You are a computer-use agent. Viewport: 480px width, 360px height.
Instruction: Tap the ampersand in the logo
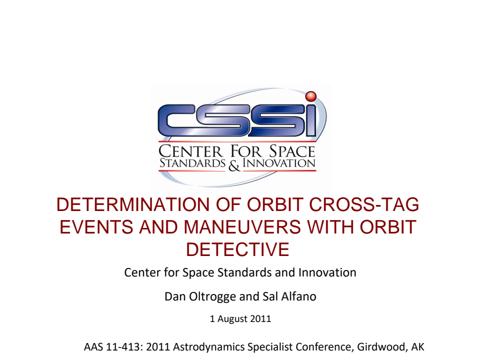234,165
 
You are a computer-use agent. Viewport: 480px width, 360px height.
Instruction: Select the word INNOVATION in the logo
279,163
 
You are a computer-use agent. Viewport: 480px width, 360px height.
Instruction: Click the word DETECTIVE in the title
237,249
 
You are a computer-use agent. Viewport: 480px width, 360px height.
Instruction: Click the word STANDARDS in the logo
192,163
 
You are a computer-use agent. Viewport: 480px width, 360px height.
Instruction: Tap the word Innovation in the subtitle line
327,273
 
